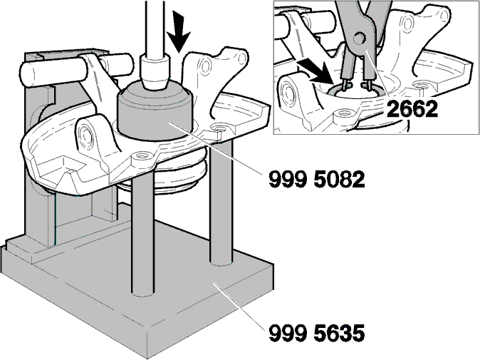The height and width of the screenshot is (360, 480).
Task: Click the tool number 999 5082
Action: pyautogui.click(x=316, y=179)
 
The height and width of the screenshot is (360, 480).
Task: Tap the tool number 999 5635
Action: pyautogui.click(x=316, y=333)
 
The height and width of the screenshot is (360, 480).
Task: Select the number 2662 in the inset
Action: pyautogui.click(x=412, y=108)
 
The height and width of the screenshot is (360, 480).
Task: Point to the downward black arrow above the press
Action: pyautogui.click(x=181, y=31)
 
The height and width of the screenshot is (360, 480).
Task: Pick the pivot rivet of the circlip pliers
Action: pyautogui.click(x=359, y=38)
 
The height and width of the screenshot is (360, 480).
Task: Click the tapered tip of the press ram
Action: pyautogui.click(x=156, y=73)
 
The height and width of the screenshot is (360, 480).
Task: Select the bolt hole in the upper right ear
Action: pyautogui.click(x=205, y=65)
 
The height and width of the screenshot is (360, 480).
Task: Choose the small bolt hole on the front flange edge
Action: pyautogui.click(x=142, y=156)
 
